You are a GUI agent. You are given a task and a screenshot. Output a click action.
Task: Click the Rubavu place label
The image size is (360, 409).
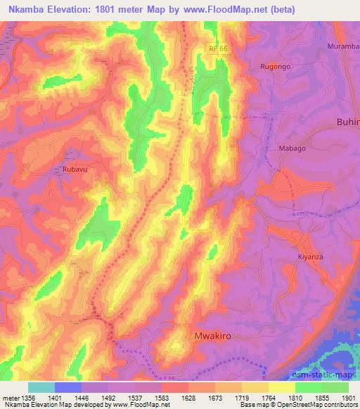[x=73, y=169]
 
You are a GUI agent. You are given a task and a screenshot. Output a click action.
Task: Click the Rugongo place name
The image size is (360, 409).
[x=276, y=66]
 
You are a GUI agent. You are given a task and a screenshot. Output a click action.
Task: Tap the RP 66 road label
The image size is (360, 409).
[x=218, y=48]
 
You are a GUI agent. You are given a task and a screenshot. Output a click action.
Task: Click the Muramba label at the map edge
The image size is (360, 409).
[x=343, y=46]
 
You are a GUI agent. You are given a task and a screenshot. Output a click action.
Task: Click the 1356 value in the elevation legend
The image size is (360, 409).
[x=27, y=397]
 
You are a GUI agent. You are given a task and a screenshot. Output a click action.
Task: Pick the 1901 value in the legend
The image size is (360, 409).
[x=348, y=397]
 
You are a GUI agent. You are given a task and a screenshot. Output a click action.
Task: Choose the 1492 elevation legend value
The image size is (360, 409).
[x=108, y=397]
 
